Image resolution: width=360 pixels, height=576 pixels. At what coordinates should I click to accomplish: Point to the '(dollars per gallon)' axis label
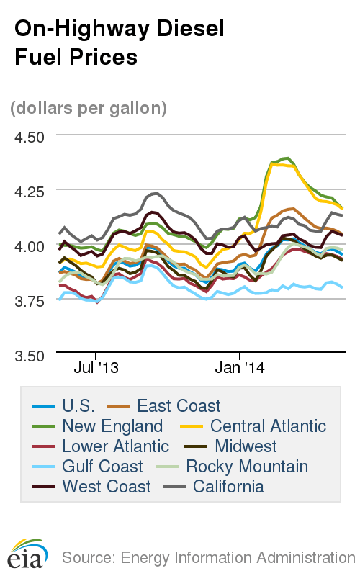(89, 108)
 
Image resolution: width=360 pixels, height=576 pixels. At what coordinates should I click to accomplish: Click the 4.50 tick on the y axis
(30, 137)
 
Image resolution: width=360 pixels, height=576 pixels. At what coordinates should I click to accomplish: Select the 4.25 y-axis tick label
(30, 192)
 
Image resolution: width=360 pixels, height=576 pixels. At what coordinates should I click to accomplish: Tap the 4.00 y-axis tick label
(30, 246)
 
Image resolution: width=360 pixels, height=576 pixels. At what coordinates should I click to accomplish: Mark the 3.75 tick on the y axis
(30, 300)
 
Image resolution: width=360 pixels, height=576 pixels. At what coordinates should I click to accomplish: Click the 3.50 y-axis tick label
(30, 355)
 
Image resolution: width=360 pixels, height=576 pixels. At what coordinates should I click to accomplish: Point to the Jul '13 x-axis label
(96, 368)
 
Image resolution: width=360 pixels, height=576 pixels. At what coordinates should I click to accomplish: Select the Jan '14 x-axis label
(240, 368)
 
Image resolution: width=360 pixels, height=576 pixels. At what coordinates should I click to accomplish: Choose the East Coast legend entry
(165, 406)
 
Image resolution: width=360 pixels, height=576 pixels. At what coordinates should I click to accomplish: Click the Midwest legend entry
(230, 446)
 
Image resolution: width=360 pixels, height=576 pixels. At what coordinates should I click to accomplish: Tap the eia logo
(27, 554)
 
